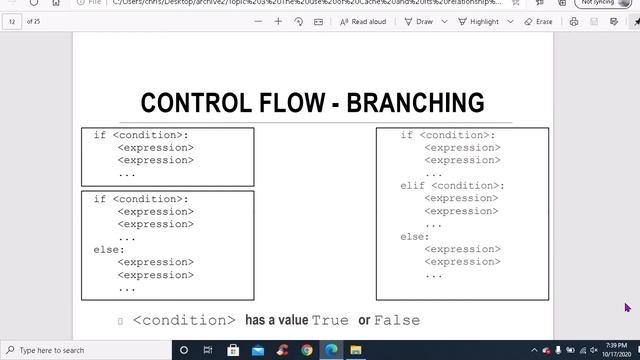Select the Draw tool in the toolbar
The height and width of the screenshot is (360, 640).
tap(420, 21)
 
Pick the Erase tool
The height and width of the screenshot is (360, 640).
tap(539, 21)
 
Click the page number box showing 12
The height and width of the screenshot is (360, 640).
tap(13, 21)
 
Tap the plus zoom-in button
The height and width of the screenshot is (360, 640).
tap(278, 21)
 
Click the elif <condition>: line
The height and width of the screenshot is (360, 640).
tap(452, 186)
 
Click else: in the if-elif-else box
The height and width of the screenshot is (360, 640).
tap(415, 237)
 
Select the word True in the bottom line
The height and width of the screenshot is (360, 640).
tap(330, 320)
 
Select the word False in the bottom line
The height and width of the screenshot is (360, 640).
tap(397, 320)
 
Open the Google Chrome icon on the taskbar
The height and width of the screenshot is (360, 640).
tap(306, 350)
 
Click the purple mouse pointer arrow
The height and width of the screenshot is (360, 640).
tap(627, 307)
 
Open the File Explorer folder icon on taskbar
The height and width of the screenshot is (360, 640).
tap(355, 350)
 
